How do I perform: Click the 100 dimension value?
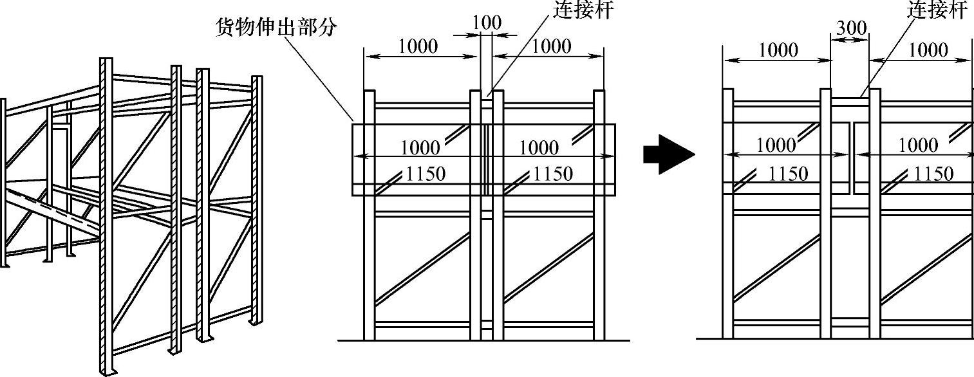[486, 22]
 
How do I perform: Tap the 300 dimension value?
[850, 28]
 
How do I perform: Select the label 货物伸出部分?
[277, 28]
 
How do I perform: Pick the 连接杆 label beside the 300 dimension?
[937, 10]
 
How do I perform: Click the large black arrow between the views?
[668, 154]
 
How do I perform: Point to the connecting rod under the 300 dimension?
[850, 98]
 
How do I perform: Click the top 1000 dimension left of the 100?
[418, 46]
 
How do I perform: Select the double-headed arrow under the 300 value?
[850, 40]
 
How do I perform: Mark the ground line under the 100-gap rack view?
[483, 340]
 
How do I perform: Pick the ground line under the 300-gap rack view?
[837, 338]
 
